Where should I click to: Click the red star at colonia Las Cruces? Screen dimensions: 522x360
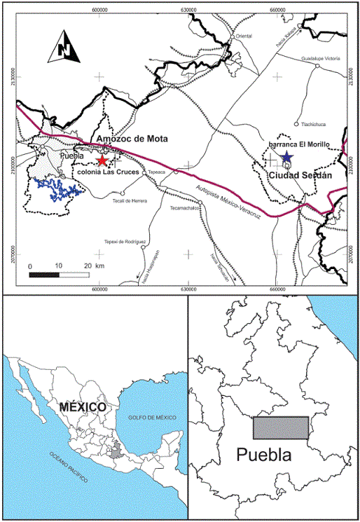(104, 160)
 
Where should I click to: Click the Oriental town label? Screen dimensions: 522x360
(244, 36)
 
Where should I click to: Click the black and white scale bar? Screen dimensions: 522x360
(58, 273)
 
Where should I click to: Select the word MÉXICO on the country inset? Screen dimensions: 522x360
(83, 407)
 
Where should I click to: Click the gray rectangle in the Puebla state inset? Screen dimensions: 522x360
(280, 427)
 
